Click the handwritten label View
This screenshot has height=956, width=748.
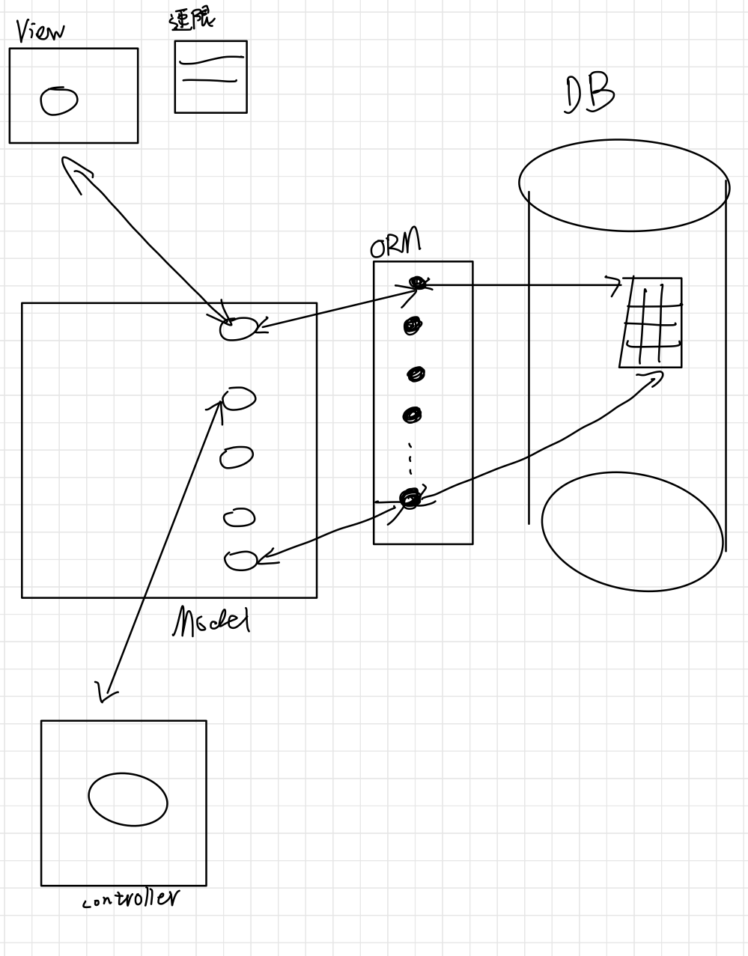click(40, 31)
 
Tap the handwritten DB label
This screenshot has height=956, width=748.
click(589, 95)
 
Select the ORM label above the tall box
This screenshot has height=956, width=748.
click(395, 243)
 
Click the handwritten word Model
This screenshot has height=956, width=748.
click(211, 621)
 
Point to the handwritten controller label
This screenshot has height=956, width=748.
click(132, 898)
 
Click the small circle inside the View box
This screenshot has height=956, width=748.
click(59, 101)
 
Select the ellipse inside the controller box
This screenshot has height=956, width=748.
click(127, 799)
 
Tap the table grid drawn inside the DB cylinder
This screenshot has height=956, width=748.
click(651, 322)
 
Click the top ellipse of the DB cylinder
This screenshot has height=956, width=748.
click(623, 184)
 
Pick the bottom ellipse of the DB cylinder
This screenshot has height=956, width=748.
click(632, 532)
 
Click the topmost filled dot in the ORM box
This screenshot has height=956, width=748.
click(417, 282)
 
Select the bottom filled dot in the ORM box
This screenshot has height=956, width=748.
click(410, 498)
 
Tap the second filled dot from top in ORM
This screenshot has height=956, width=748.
click(413, 326)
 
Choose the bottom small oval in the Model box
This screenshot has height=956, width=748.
click(241, 560)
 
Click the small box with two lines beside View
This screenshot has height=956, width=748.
click(210, 76)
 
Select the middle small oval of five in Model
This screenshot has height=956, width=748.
click(237, 457)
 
